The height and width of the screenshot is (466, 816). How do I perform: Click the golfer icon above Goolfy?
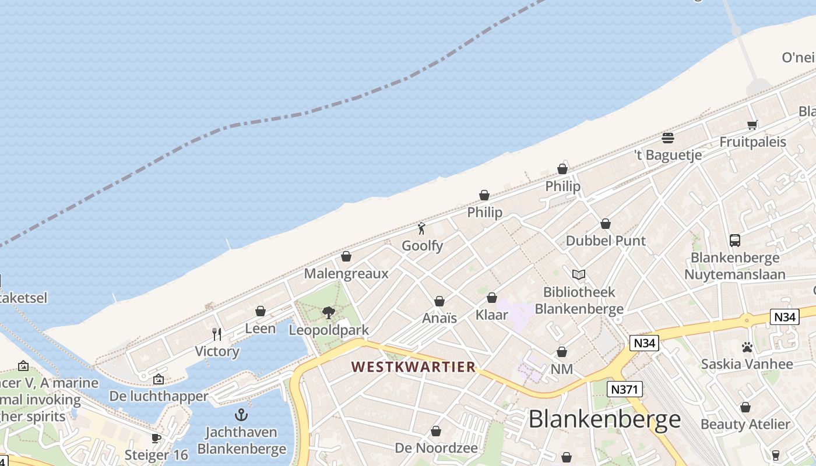(421, 228)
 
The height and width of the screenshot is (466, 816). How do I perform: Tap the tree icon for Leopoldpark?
(329, 313)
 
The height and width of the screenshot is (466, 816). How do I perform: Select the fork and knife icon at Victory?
(217, 334)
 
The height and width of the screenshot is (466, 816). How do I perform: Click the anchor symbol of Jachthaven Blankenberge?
(241, 415)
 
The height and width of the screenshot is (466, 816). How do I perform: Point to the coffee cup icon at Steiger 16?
(156, 438)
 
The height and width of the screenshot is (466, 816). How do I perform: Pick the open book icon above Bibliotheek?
(578, 274)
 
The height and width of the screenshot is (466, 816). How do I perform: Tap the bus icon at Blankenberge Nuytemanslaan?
(734, 240)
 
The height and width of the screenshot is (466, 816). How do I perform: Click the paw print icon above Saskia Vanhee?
(747, 347)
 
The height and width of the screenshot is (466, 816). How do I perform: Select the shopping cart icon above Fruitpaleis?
(752, 125)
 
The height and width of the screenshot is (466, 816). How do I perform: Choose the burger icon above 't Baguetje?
(668, 138)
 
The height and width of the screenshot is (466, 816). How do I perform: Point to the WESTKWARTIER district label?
(413, 367)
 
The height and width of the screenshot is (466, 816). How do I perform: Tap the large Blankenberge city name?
(604, 419)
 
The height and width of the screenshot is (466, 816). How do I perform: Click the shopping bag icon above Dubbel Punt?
(606, 224)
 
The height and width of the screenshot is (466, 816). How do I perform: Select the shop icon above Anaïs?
(439, 301)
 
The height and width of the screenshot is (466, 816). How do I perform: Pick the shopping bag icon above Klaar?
(492, 298)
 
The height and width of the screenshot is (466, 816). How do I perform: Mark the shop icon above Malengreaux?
(346, 256)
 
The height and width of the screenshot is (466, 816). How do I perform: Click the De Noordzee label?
(436, 448)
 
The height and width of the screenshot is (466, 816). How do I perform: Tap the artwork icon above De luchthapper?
(158, 380)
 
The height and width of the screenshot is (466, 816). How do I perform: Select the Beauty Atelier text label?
(745, 424)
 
